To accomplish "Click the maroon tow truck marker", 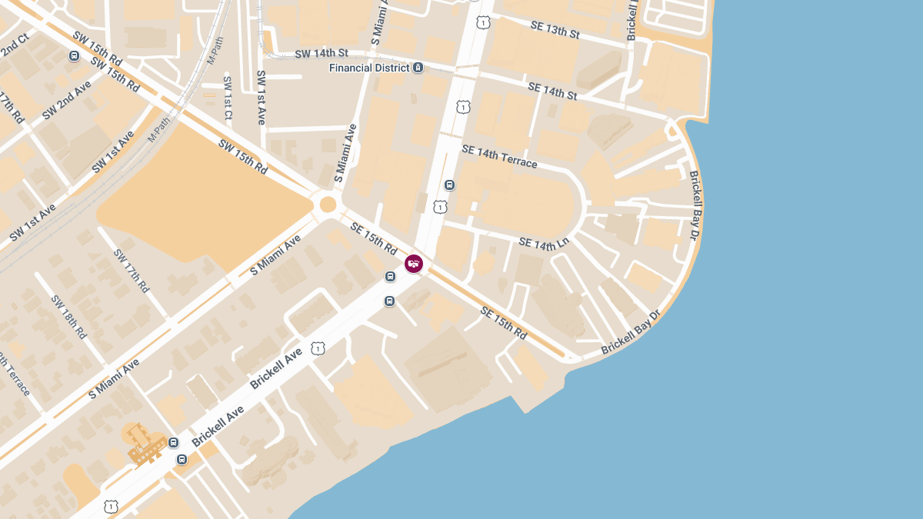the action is pyautogui.click(x=414, y=264).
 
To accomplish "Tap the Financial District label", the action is pyautogui.click(x=370, y=68).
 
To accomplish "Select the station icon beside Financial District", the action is pyautogui.click(x=418, y=68).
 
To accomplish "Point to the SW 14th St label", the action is pyautogui.click(x=322, y=53).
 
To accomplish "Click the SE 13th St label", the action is pyautogui.click(x=555, y=30).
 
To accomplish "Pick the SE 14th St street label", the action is pyautogui.click(x=551, y=90).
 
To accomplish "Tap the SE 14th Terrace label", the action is pyautogui.click(x=499, y=156).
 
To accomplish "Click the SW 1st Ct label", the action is pyautogui.click(x=227, y=98).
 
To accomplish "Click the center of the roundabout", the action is pyautogui.click(x=328, y=204).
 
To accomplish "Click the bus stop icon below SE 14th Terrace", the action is pyautogui.click(x=450, y=185).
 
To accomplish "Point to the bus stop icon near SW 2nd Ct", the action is pyautogui.click(x=74, y=55).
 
